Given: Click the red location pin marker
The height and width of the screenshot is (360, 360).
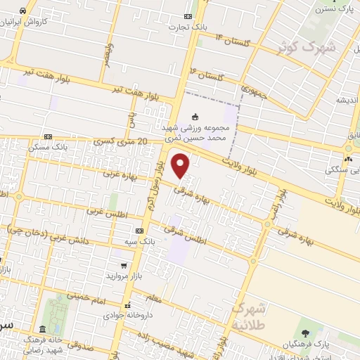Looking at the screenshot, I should pos(181,166).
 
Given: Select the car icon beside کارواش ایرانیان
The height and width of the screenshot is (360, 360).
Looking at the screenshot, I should pos(23,11).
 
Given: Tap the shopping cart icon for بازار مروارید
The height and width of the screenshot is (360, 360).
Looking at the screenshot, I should pos(124,266).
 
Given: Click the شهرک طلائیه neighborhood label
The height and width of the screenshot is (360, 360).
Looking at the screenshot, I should pos(247,317).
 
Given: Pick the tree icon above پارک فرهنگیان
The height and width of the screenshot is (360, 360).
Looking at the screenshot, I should pos(304,333).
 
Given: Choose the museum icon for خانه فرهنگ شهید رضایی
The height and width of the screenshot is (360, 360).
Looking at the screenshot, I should pos(43,329).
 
